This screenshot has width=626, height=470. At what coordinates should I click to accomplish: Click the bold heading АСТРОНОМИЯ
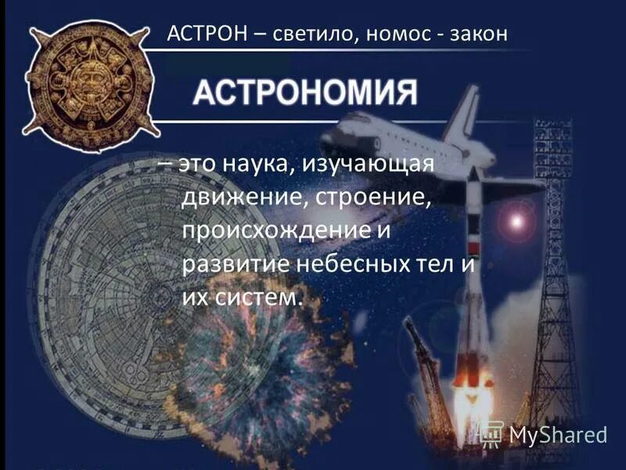[x=304, y=93]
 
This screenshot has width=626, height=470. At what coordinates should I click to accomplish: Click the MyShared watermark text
[x=558, y=433]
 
